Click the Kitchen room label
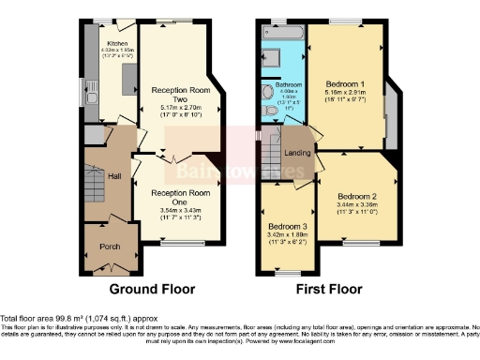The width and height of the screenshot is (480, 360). [117, 43]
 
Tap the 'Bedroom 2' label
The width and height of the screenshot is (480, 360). [356, 196]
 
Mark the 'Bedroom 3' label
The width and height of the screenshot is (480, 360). [288, 227]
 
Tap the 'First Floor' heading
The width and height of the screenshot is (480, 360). [329, 288]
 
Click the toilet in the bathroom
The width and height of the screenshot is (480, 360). [270, 111]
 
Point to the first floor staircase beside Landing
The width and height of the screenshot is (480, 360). [271, 150]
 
